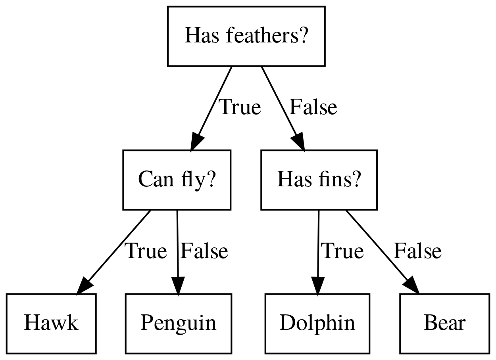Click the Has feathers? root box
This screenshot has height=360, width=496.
tap(246, 36)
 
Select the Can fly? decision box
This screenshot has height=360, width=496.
tap(177, 180)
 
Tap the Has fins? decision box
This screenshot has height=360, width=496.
tap(319, 180)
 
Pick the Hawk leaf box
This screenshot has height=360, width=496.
tap(51, 324)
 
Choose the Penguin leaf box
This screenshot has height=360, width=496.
tap(178, 324)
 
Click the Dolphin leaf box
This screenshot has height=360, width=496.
tap(317, 324)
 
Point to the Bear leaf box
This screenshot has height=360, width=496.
tap(444, 324)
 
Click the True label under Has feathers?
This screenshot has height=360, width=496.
tap(240, 107)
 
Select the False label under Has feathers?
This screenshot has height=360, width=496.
tap(313, 107)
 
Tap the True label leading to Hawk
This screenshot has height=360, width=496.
tap(146, 251)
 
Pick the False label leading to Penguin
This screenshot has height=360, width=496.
tap(204, 251)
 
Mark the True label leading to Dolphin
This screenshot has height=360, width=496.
tap(342, 251)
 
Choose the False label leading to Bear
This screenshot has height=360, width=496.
tap(417, 251)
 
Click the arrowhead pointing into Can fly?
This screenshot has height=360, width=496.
tap(196, 142)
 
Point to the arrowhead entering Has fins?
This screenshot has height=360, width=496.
tap(299, 143)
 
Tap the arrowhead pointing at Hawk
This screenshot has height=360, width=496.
tap(84, 286)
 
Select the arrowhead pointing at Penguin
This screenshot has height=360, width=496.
tap(178, 286)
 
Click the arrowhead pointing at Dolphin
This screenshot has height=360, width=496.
tap(317, 286)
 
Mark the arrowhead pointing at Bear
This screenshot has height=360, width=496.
tap(412, 286)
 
